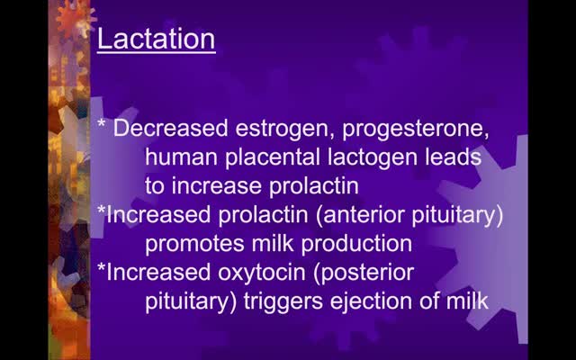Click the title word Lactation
tap(156, 39)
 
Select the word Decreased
tap(170, 128)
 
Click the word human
tap(181, 157)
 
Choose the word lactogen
tap(373, 158)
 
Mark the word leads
tap(454, 157)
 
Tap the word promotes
tap(194, 244)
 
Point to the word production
tap(356, 244)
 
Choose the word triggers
tap(283, 302)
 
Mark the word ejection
tap(371, 302)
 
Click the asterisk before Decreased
tap(102, 123)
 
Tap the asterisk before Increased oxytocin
tap(102, 266)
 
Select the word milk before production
tap(273, 243)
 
